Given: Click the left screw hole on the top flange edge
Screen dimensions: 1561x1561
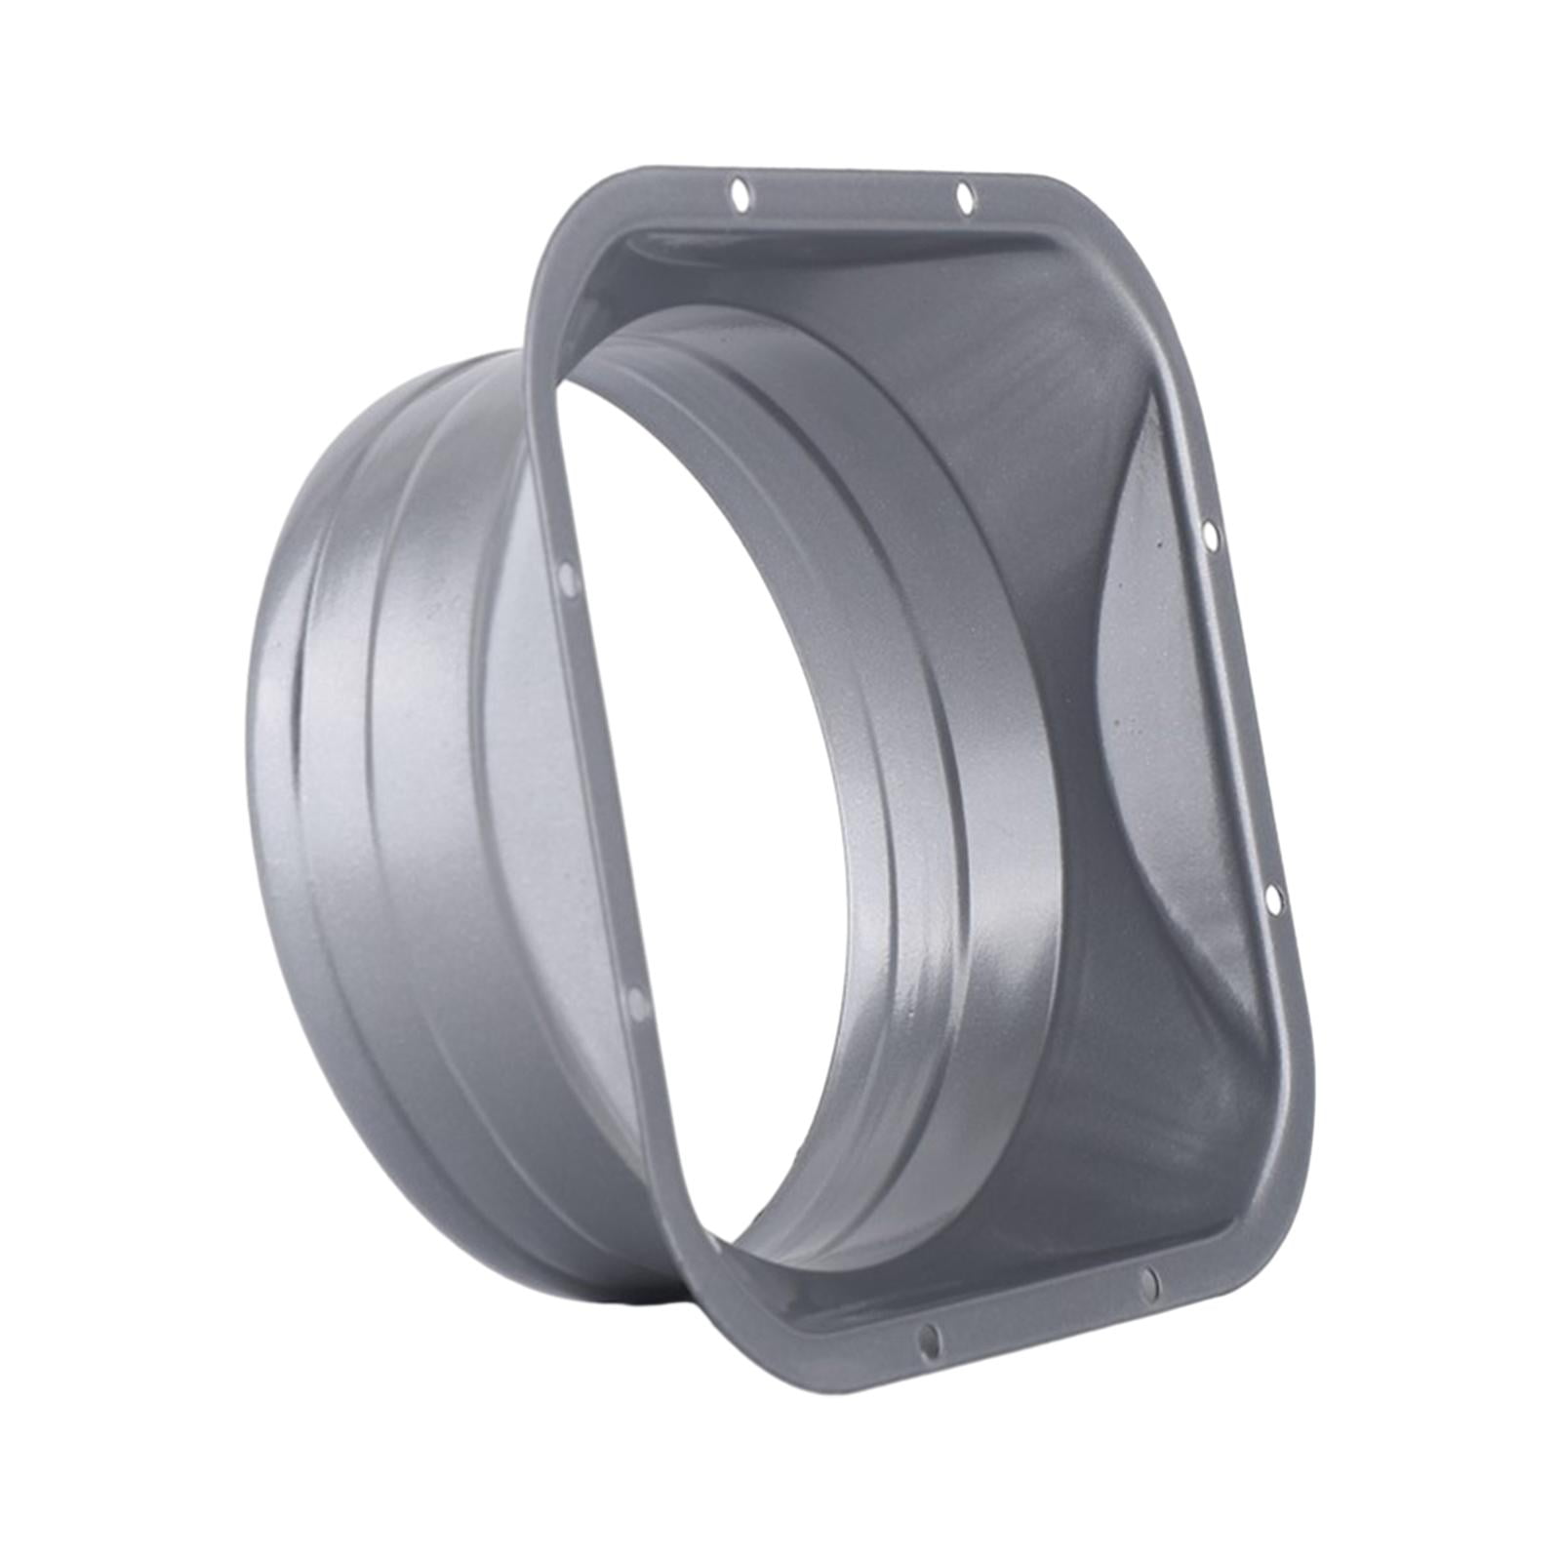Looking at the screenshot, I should (x=740, y=193).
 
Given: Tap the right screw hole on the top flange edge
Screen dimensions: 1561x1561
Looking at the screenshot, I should (x=965, y=197).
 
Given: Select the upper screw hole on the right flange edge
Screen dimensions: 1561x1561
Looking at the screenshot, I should (x=1210, y=536).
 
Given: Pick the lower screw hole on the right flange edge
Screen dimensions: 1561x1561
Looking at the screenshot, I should (x=1273, y=901).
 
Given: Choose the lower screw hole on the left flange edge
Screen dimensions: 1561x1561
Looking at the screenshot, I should (x=637, y=1003).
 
